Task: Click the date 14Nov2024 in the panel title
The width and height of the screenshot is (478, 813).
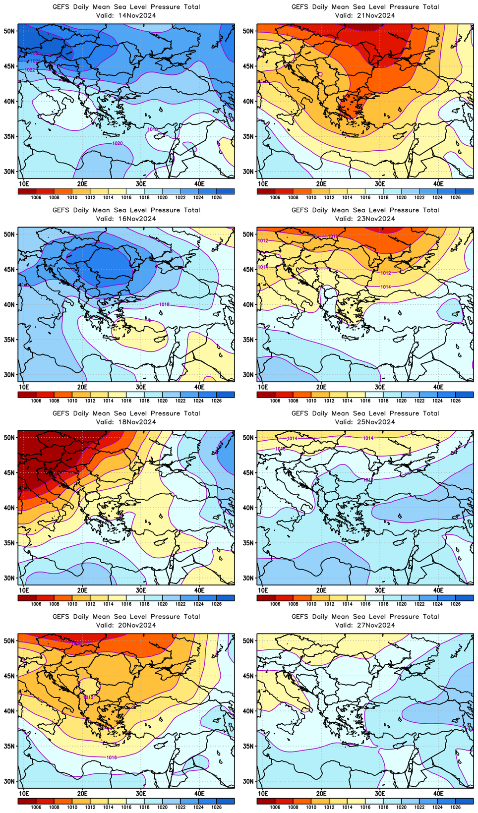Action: (x=137, y=15)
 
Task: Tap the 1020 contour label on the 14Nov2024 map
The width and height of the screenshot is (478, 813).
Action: (x=118, y=143)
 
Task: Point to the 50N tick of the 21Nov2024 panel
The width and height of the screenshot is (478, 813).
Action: (x=248, y=31)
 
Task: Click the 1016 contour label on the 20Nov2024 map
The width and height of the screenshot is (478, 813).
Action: (x=112, y=757)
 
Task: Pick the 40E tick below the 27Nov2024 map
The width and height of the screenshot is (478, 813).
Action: (x=438, y=793)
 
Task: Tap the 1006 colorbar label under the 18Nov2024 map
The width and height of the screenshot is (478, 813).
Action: (x=36, y=604)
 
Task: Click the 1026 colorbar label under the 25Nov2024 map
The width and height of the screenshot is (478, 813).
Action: (x=456, y=604)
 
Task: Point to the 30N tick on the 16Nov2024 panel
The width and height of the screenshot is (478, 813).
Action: (x=9, y=375)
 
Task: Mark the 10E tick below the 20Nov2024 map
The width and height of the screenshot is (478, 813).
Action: (x=24, y=793)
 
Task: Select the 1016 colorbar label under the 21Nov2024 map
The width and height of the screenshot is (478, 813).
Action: (x=365, y=197)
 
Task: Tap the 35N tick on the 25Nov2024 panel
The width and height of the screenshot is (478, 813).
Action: (x=248, y=543)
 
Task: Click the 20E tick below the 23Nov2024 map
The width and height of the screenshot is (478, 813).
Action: (x=321, y=387)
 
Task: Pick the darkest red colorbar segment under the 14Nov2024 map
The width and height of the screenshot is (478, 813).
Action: (x=27, y=191)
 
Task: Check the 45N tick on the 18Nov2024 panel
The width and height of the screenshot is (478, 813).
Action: (x=9, y=472)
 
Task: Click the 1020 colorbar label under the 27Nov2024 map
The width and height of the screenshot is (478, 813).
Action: (x=402, y=807)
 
